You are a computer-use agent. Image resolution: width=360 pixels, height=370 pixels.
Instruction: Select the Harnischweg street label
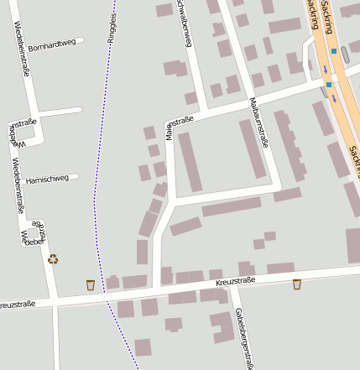coord(48,179)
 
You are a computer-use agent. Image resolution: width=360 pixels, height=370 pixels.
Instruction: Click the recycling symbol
coord(53,260)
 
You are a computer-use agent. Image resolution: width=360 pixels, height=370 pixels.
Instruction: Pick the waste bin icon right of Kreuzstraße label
coord(297,284)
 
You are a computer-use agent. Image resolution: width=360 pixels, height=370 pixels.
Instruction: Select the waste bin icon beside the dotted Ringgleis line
coord(91,285)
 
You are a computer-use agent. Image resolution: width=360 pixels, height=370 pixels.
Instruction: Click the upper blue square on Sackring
coord(334,51)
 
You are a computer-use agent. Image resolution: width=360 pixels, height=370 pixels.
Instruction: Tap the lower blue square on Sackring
coord(329,85)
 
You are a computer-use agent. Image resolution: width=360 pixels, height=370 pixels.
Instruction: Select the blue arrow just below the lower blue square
coord(334,98)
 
